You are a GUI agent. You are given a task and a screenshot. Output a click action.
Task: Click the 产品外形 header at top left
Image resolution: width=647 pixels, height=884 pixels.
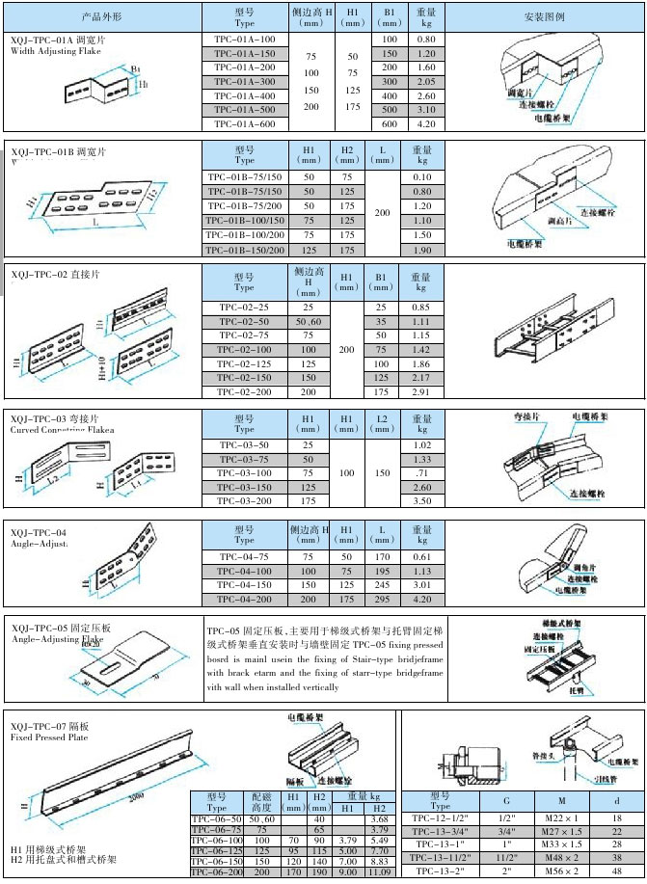coord(101,17)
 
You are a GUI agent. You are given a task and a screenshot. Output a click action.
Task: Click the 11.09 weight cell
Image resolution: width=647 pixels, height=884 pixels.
coord(379,871)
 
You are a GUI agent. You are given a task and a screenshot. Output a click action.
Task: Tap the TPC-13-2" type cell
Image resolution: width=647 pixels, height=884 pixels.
coord(440,871)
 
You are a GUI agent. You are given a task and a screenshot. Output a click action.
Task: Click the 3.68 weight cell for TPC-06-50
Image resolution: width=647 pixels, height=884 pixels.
coord(379,818)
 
